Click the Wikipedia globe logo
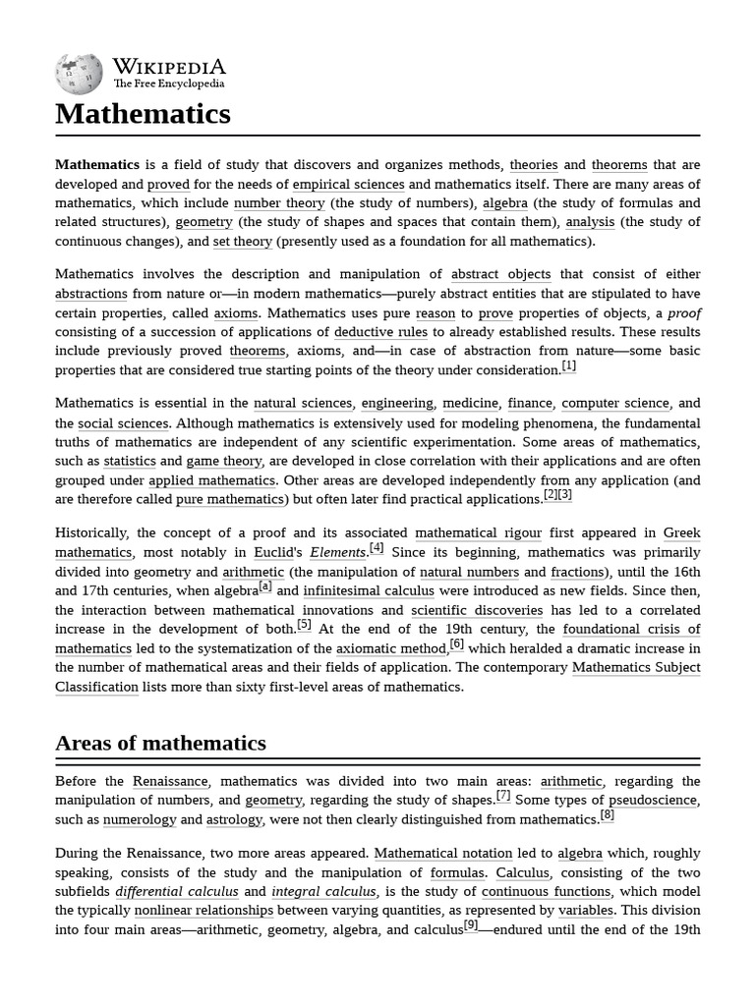pos(80,74)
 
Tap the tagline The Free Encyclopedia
pos(168,84)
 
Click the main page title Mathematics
pos(143,114)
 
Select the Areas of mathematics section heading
pos(160,743)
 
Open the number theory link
pos(279,203)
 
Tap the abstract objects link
pos(500,274)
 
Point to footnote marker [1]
pos(568,366)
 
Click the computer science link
pos(615,403)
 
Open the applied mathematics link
pos(211,480)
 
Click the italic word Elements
pos(338,552)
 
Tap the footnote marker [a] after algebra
pos(265,587)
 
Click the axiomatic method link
pos(391,648)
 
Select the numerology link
pos(140,819)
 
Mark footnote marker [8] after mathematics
pos(607,815)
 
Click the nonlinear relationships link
pos(203,910)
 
